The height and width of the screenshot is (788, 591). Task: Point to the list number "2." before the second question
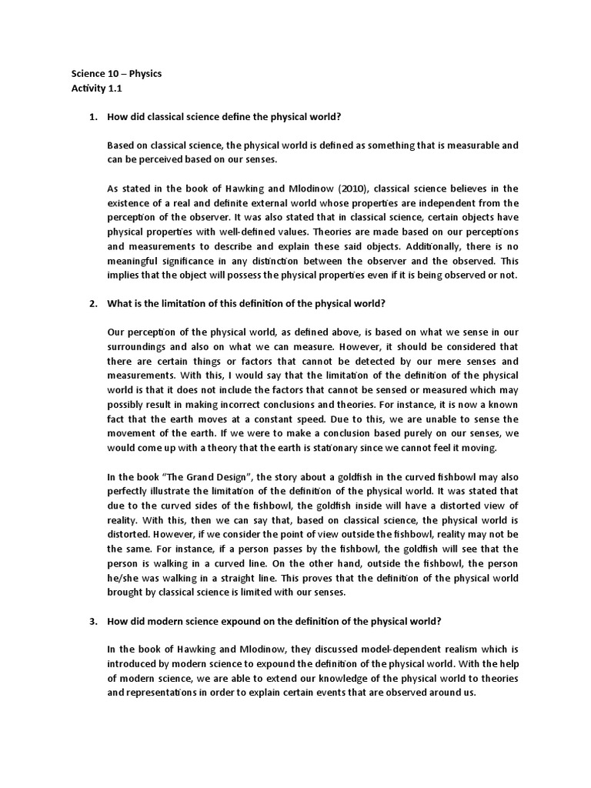click(93, 304)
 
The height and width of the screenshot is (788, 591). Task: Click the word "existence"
click(132, 203)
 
